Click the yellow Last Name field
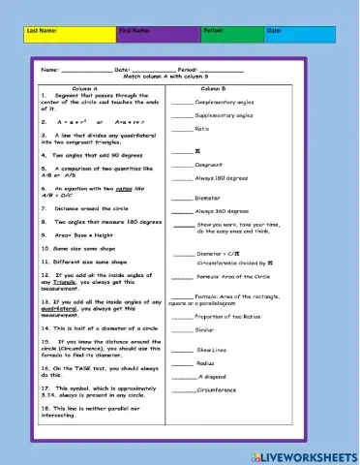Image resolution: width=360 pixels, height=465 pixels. coord(68,36)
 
